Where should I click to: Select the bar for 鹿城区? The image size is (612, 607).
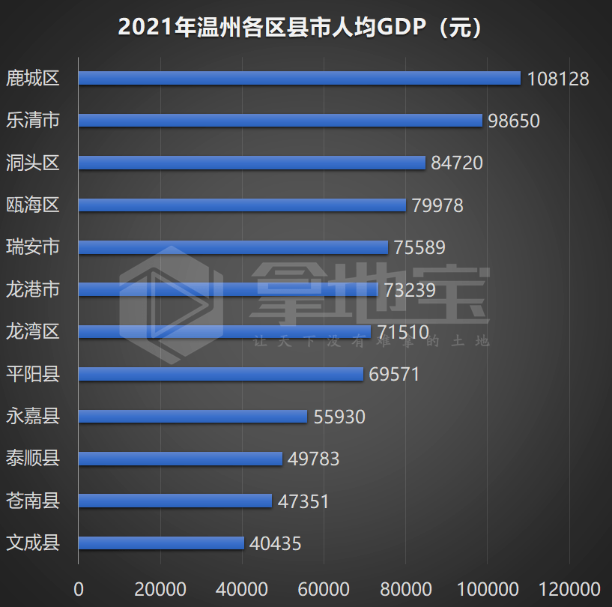300,78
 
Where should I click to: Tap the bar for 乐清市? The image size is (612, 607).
280,121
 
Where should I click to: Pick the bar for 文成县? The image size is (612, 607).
161,543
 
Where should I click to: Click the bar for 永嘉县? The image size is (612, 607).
193,416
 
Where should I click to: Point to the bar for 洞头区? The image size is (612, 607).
252,163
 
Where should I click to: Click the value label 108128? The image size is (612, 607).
558,79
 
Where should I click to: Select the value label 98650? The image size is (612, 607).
513,121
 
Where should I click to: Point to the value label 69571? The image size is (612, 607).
394,374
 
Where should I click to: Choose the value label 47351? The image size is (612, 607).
303,501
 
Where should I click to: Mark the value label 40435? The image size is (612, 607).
276,543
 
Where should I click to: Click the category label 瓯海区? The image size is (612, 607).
32,205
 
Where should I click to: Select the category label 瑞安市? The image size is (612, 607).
32,247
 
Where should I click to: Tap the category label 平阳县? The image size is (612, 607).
32,373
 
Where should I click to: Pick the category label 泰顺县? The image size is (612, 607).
32,458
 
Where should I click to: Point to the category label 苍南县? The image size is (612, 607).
32,500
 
